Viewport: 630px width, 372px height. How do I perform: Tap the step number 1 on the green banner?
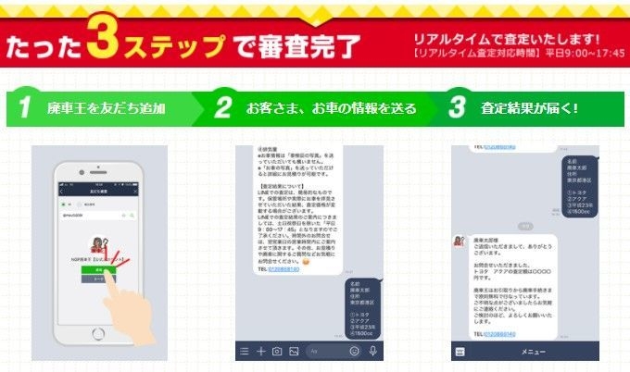tap(29, 108)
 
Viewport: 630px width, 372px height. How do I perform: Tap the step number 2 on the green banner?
tap(223, 108)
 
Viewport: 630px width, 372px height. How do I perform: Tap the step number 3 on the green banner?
tap(456, 108)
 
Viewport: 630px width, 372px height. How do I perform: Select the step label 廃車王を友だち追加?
tap(106, 109)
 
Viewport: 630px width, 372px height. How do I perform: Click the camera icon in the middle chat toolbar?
tap(277, 352)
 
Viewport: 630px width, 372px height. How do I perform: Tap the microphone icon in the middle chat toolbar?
tap(372, 352)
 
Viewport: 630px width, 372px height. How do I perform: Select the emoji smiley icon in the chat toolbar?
tap(355, 352)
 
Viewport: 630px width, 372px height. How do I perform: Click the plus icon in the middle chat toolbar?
tap(260, 352)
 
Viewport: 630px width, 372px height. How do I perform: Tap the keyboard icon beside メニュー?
tap(460, 352)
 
